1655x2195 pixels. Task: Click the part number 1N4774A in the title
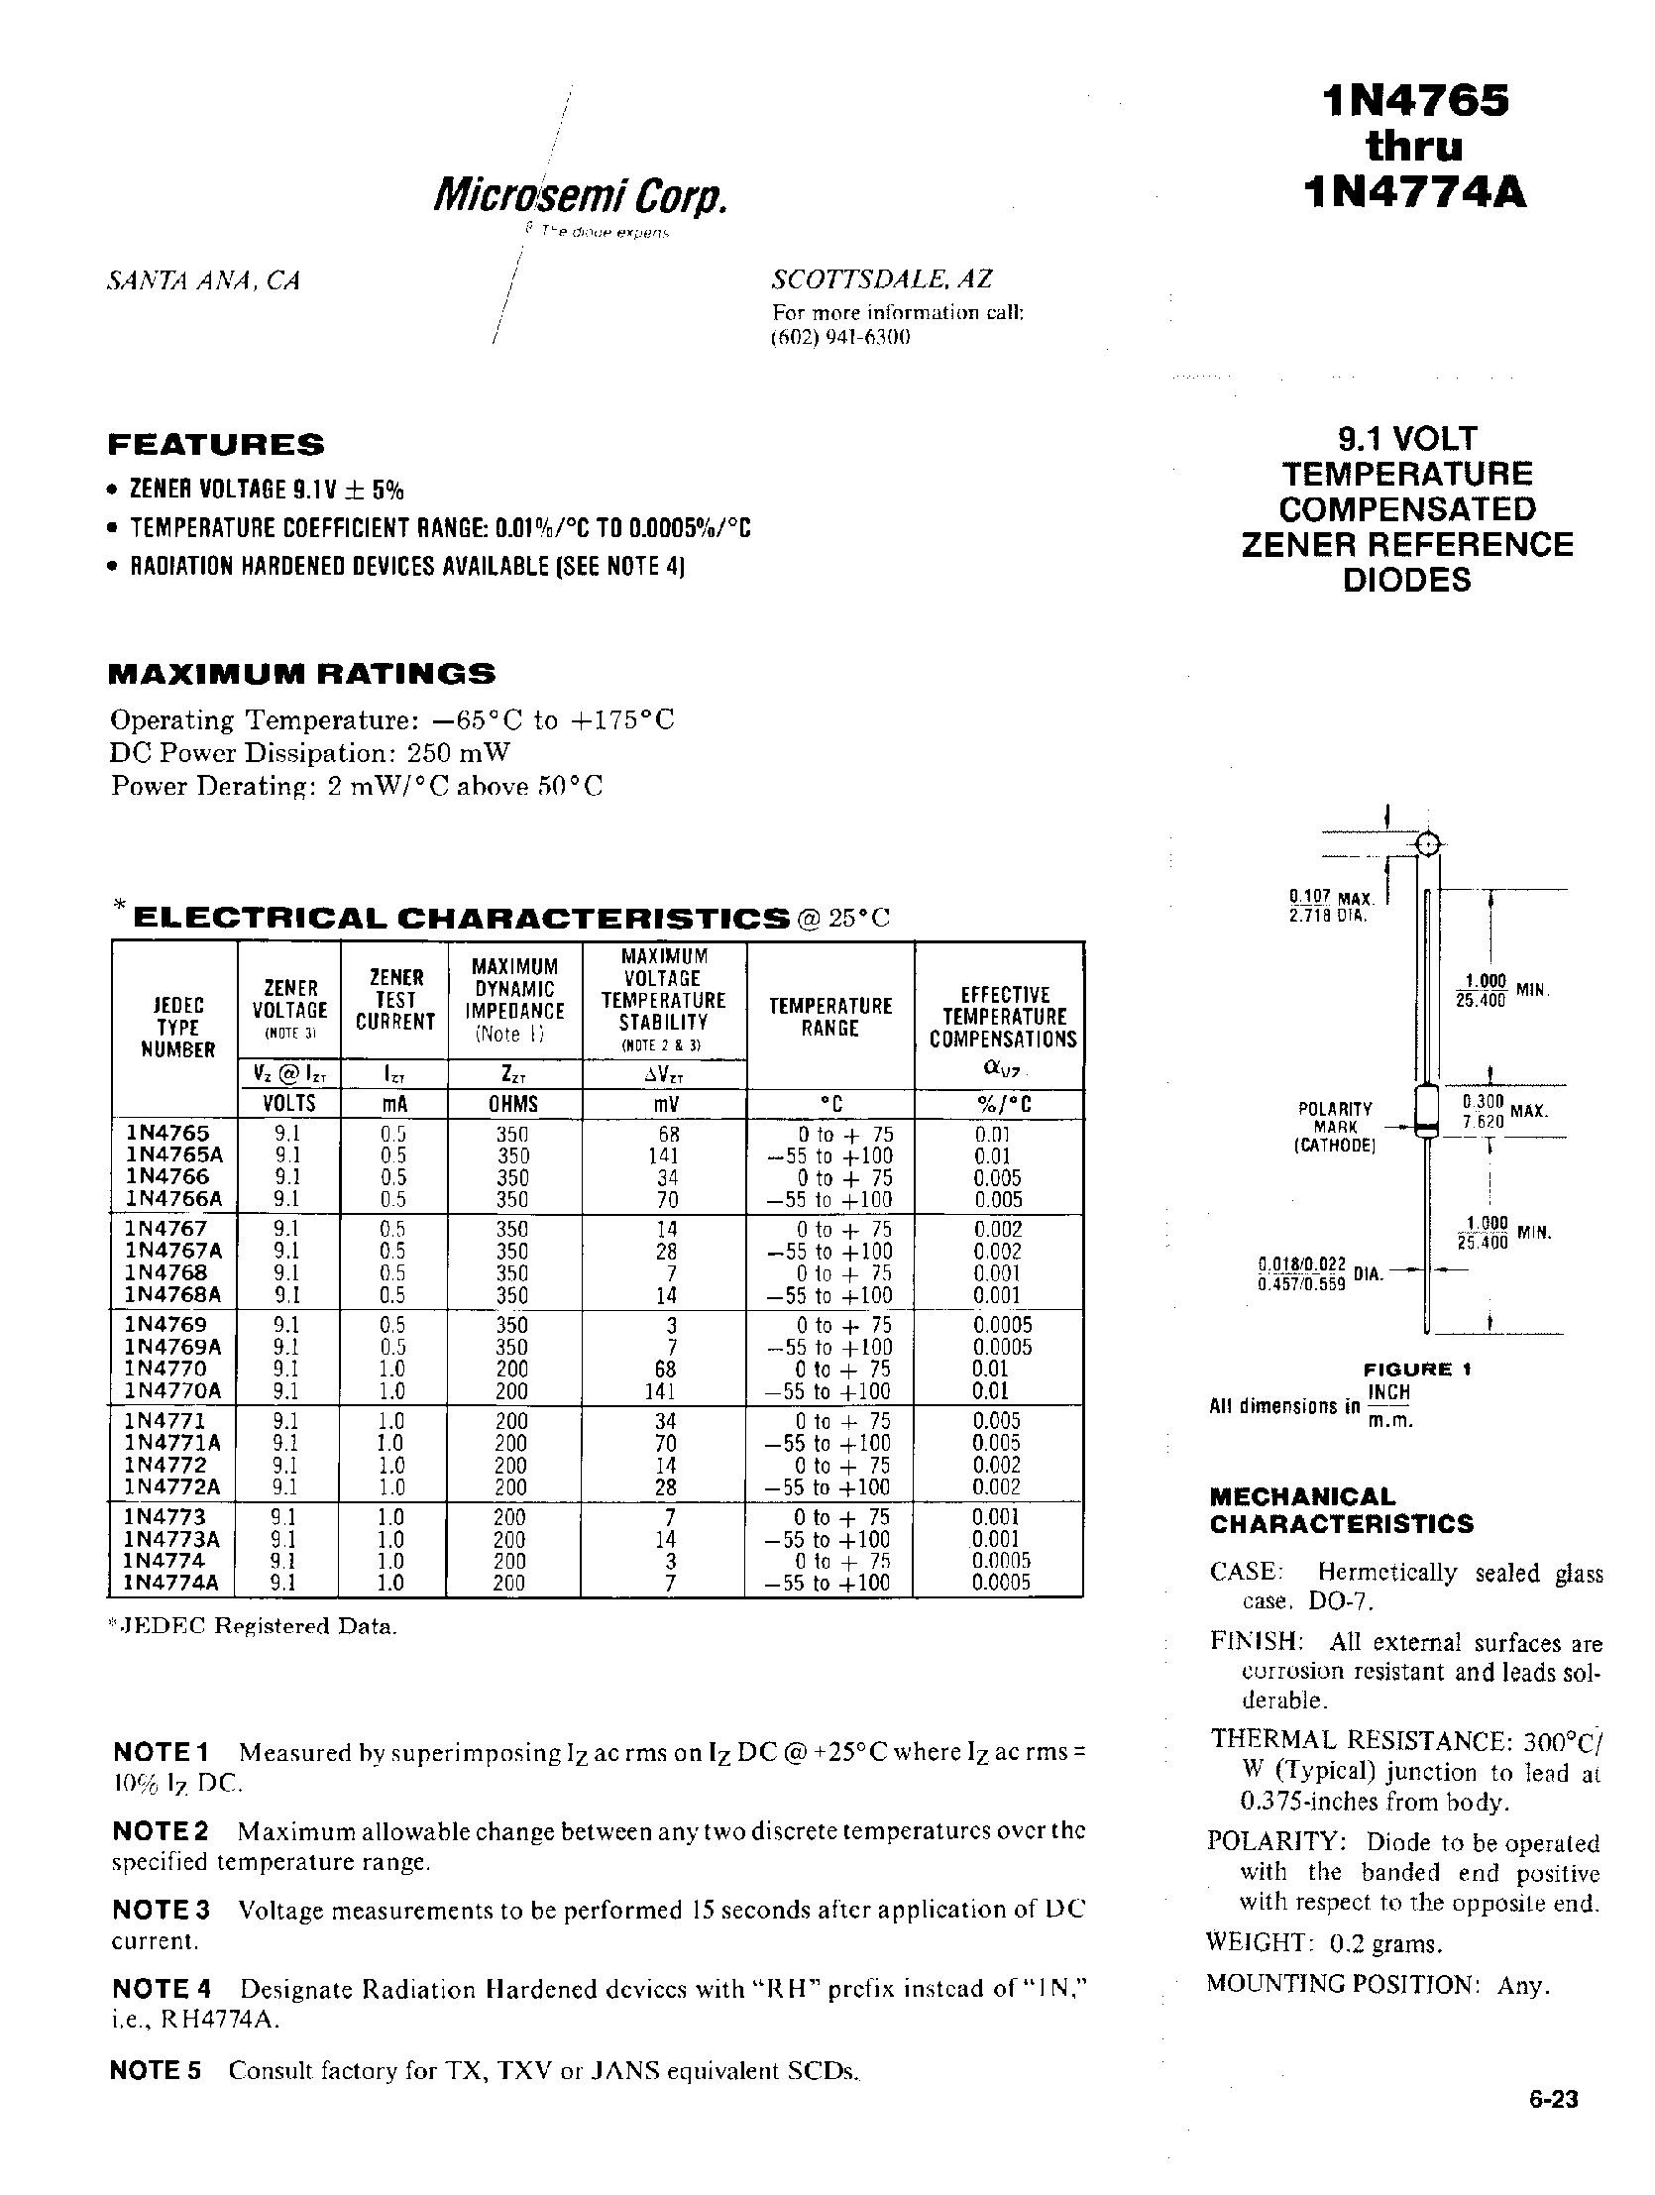point(1416,191)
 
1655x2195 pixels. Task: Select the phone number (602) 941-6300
point(840,336)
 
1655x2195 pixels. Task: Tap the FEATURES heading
point(215,444)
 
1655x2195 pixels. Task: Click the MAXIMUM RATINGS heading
point(300,674)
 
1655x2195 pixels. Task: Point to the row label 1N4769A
point(172,1347)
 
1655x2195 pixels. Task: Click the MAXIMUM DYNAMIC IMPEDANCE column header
point(514,1000)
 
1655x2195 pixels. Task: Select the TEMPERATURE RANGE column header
point(829,1016)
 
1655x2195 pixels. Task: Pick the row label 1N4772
point(165,1465)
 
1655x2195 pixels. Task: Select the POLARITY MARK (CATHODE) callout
point(1336,1127)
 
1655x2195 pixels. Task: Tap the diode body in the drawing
point(1426,1112)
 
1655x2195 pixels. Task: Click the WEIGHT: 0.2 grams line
point(1324,1942)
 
